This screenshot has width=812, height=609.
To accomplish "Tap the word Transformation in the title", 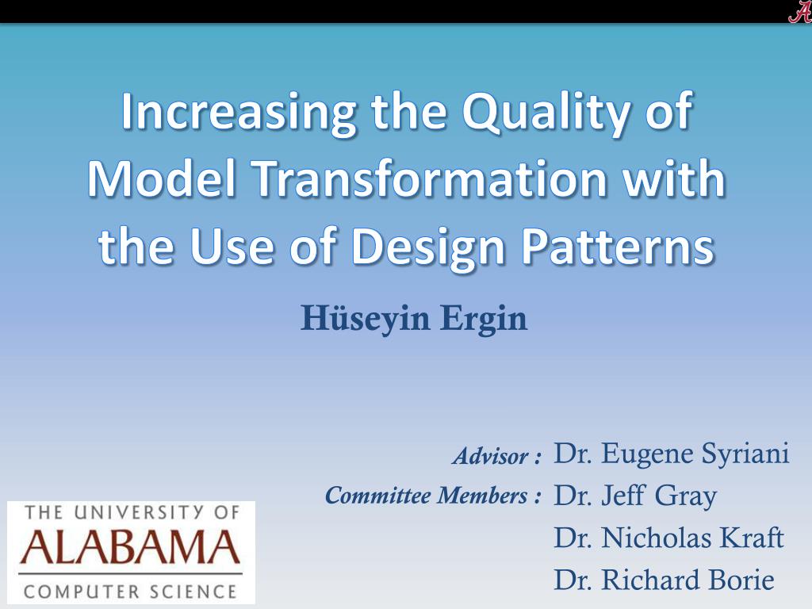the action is (x=430, y=178).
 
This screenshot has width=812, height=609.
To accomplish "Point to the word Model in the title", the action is (x=162, y=178).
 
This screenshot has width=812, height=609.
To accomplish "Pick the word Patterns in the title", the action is (x=618, y=246).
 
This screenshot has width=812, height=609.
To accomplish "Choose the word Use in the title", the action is (x=232, y=246).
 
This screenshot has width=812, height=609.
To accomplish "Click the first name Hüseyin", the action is (x=366, y=319).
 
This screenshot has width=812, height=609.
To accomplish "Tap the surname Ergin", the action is (x=485, y=319).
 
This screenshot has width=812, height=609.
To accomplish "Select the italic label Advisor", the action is (x=492, y=456).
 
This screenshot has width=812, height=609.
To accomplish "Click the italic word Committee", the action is (x=378, y=496).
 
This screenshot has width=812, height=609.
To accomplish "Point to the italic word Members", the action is (x=483, y=496).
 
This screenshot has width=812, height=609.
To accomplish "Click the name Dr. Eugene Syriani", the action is (x=672, y=454).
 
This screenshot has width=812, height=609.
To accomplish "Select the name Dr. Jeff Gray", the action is (x=635, y=496).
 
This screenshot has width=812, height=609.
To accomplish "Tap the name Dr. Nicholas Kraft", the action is (x=669, y=537).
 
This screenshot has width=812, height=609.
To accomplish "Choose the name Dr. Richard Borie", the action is (x=664, y=580).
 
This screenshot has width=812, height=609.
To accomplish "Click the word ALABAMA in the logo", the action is (x=130, y=547).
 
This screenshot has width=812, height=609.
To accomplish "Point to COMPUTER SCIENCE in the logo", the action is (x=130, y=592).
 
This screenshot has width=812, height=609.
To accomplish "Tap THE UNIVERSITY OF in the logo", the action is (x=132, y=513).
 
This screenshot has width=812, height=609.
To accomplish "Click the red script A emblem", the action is (x=799, y=11).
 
